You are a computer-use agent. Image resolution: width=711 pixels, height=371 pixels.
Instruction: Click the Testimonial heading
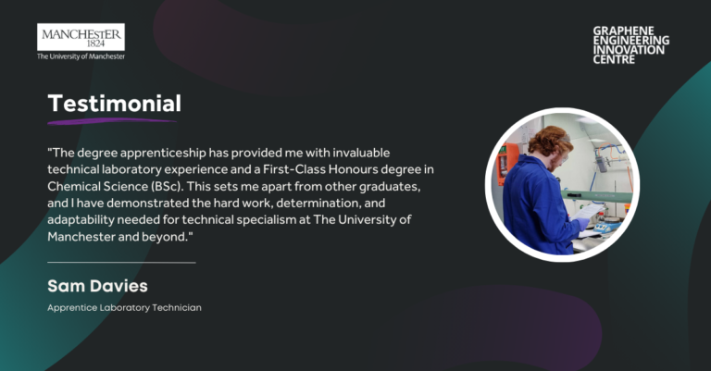tap(114, 104)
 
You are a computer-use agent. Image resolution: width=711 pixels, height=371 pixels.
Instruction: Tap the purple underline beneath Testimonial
tap(111, 121)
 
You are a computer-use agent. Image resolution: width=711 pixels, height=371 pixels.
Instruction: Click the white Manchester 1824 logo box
tap(81, 37)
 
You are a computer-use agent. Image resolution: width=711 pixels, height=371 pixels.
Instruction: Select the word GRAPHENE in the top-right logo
tap(623, 31)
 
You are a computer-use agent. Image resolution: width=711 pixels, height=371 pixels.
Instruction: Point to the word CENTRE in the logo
tap(614, 59)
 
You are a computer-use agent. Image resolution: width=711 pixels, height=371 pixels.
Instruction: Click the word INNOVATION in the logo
tap(629, 50)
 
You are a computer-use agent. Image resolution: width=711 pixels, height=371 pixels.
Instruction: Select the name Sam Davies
tap(97, 286)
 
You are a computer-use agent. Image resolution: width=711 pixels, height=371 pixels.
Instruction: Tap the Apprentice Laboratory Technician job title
tap(124, 307)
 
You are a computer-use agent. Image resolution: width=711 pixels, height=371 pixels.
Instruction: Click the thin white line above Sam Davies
tap(121, 262)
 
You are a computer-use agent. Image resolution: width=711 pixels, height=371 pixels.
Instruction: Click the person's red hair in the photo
tap(550, 140)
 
